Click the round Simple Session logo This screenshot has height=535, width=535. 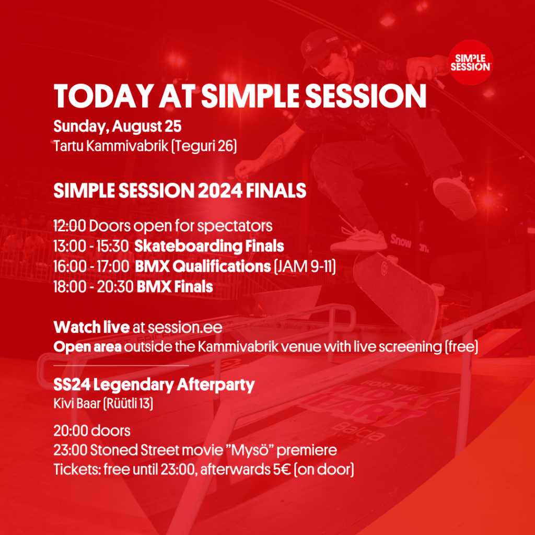(x=471, y=62)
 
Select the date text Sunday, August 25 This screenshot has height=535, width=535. (x=118, y=126)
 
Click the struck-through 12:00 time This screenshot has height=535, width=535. (x=69, y=226)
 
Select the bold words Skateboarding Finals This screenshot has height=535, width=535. (x=209, y=247)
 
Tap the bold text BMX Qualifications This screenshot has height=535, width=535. (x=203, y=266)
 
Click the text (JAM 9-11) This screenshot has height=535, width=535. (x=305, y=266)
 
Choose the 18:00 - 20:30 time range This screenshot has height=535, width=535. (x=93, y=287)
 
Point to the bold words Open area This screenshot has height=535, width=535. (x=87, y=347)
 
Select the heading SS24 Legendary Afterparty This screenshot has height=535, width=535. (x=154, y=386)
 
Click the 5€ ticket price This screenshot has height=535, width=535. (x=282, y=470)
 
